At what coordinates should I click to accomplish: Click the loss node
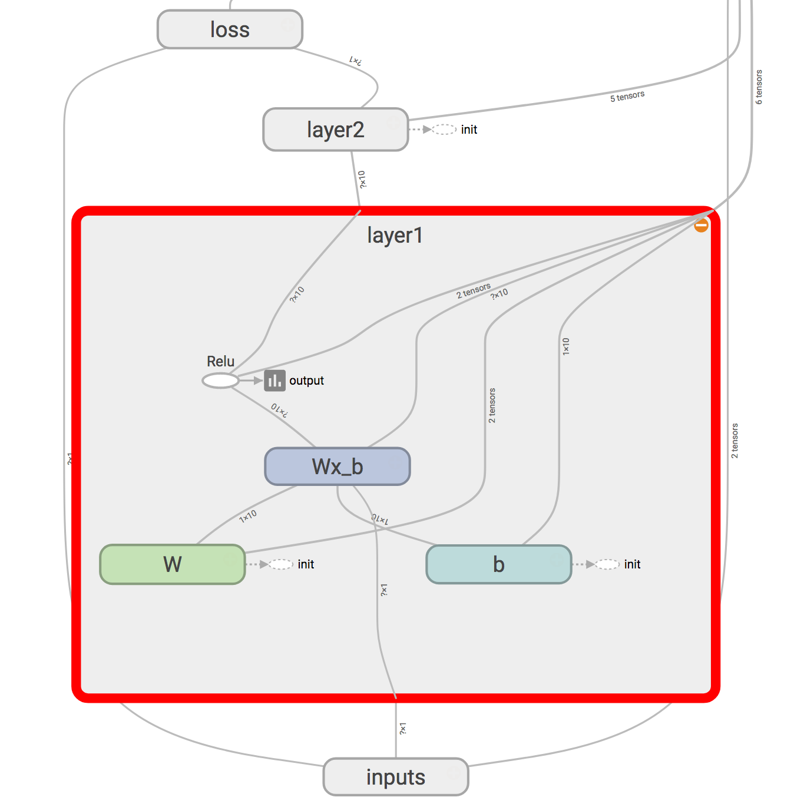(230, 29)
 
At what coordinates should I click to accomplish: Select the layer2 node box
(335, 130)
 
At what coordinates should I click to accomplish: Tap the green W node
(173, 564)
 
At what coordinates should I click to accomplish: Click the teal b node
(498, 564)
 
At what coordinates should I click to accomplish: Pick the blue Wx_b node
(338, 467)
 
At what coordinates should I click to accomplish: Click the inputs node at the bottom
(395, 777)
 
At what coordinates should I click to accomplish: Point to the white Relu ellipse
(220, 381)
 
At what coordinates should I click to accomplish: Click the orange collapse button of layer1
(701, 225)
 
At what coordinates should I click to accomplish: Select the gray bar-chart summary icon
(274, 381)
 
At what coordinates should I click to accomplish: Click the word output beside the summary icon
(306, 381)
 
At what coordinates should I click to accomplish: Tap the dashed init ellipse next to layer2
(444, 130)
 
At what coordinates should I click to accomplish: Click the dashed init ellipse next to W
(281, 564)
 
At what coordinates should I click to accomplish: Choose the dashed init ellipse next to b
(607, 564)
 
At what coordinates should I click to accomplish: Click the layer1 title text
(395, 236)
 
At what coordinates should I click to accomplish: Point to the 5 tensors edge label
(627, 96)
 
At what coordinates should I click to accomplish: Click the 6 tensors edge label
(759, 87)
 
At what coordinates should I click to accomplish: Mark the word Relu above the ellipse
(220, 361)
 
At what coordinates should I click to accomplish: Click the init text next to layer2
(469, 130)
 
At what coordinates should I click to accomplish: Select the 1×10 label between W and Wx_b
(248, 517)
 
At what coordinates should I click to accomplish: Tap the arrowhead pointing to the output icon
(258, 381)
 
